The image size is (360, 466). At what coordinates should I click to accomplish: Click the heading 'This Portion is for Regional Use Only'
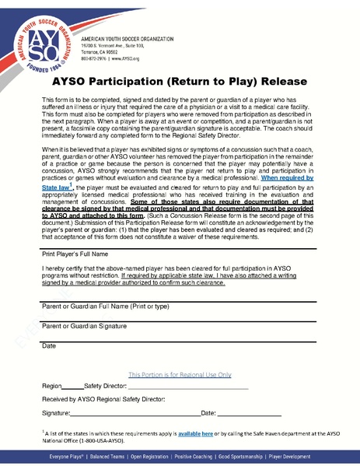coord(180,373)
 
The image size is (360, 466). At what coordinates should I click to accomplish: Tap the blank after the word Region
coord(72,386)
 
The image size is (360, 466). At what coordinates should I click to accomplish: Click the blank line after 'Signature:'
coord(135,412)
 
